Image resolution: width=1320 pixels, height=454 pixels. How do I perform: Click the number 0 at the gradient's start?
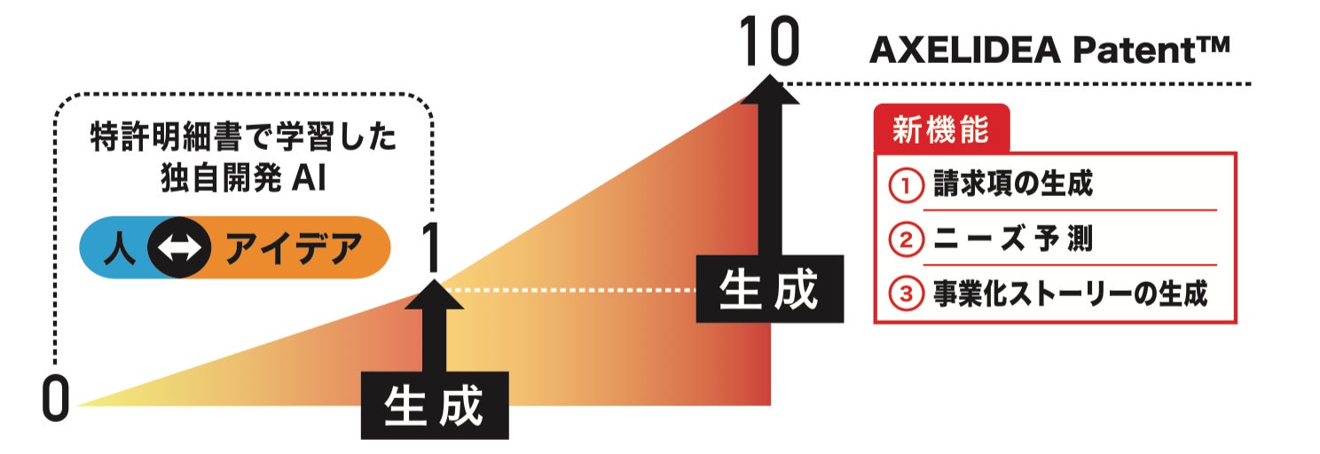click(x=55, y=401)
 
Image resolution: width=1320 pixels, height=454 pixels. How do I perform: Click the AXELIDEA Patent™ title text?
click(x=1049, y=51)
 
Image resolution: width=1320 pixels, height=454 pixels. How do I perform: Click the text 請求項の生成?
click(x=1011, y=185)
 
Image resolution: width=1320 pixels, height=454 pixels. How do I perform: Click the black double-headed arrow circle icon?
click(x=179, y=248)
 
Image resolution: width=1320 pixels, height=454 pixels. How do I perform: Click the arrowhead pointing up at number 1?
click(x=434, y=295)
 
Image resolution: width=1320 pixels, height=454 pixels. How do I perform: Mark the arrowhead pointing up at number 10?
click(x=769, y=91)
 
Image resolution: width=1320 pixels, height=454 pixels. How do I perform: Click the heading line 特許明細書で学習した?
click(x=244, y=139)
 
